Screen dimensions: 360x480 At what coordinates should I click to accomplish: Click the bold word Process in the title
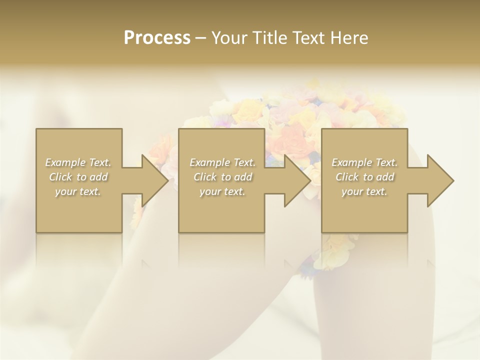pyautogui.click(x=157, y=37)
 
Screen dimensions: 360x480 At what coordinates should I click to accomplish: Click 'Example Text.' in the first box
pyautogui.click(x=78, y=162)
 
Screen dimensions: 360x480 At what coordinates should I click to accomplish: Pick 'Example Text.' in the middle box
pyautogui.click(x=222, y=162)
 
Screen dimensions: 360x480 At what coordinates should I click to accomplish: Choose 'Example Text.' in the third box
pyautogui.click(x=364, y=162)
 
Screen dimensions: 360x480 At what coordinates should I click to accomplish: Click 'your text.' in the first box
pyautogui.click(x=78, y=191)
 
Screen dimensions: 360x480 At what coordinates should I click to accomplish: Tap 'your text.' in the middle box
pyautogui.click(x=222, y=191)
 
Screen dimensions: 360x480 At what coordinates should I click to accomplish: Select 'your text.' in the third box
pyautogui.click(x=364, y=191)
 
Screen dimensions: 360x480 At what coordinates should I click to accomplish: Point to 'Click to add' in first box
pyautogui.click(x=78, y=177)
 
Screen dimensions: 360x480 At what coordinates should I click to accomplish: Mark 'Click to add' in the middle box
pyautogui.click(x=222, y=177)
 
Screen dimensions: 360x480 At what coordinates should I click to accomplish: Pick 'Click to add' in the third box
pyautogui.click(x=364, y=177)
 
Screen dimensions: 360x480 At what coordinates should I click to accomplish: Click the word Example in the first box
pyautogui.click(x=65, y=162)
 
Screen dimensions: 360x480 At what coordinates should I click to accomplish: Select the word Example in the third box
pyautogui.click(x=351, y=162)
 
